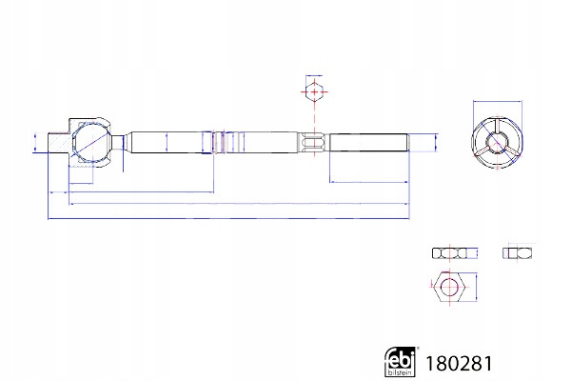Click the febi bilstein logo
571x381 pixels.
pos(400,361)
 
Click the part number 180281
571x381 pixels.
pos(459,364)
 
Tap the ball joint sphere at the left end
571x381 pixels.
pos(91,143)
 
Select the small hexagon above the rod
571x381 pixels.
pos(314,91)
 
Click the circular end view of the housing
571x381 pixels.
pos(498,142)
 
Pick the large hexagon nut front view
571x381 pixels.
pos(449,287)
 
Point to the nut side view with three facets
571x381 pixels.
pos(449,253)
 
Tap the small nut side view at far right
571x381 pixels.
pos(517,252)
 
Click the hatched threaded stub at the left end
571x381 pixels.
pos(59,143)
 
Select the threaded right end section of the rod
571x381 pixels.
pos(368,143)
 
